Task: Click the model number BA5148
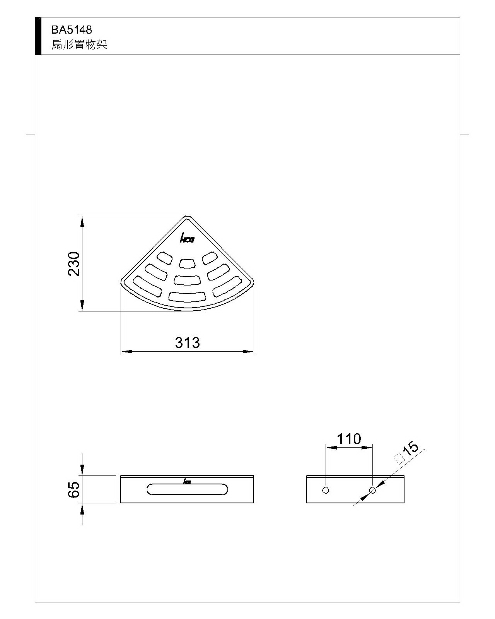point(72,30)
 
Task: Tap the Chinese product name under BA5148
point(79,44)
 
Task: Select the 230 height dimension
point(74,264)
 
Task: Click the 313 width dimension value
point(187,343)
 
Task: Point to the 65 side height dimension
point(73,489)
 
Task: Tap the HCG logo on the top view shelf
point(187,238)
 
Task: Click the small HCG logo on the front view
point(187,481)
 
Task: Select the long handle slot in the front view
point(187,489)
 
